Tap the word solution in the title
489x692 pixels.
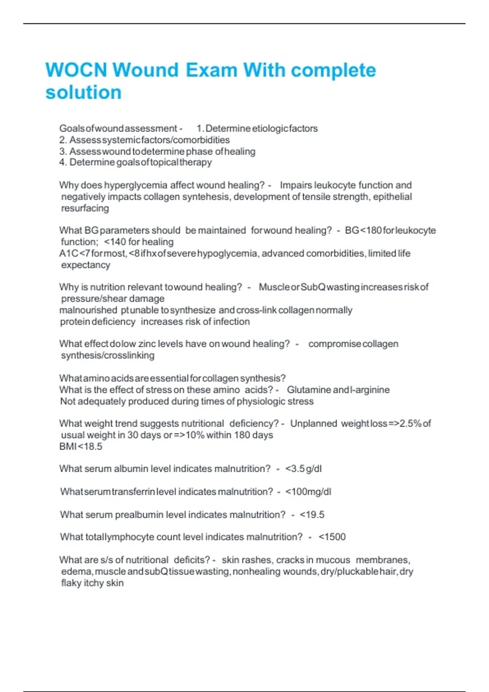[x=84, y=92]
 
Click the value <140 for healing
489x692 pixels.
[x=139, y=242]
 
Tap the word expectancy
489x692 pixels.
[x=86, y=265]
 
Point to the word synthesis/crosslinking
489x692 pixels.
[x=108, y=355]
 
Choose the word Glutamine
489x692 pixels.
[x=308, y=390]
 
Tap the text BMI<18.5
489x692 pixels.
[x=81, y=447]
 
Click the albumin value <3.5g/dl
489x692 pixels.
[x=304, y=469]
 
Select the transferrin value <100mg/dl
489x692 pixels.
[x=308, y=492]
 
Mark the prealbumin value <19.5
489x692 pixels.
[x=312, y=515]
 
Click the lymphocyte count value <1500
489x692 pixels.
[x=332, y=537]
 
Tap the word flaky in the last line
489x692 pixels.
[x=71, y=583]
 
